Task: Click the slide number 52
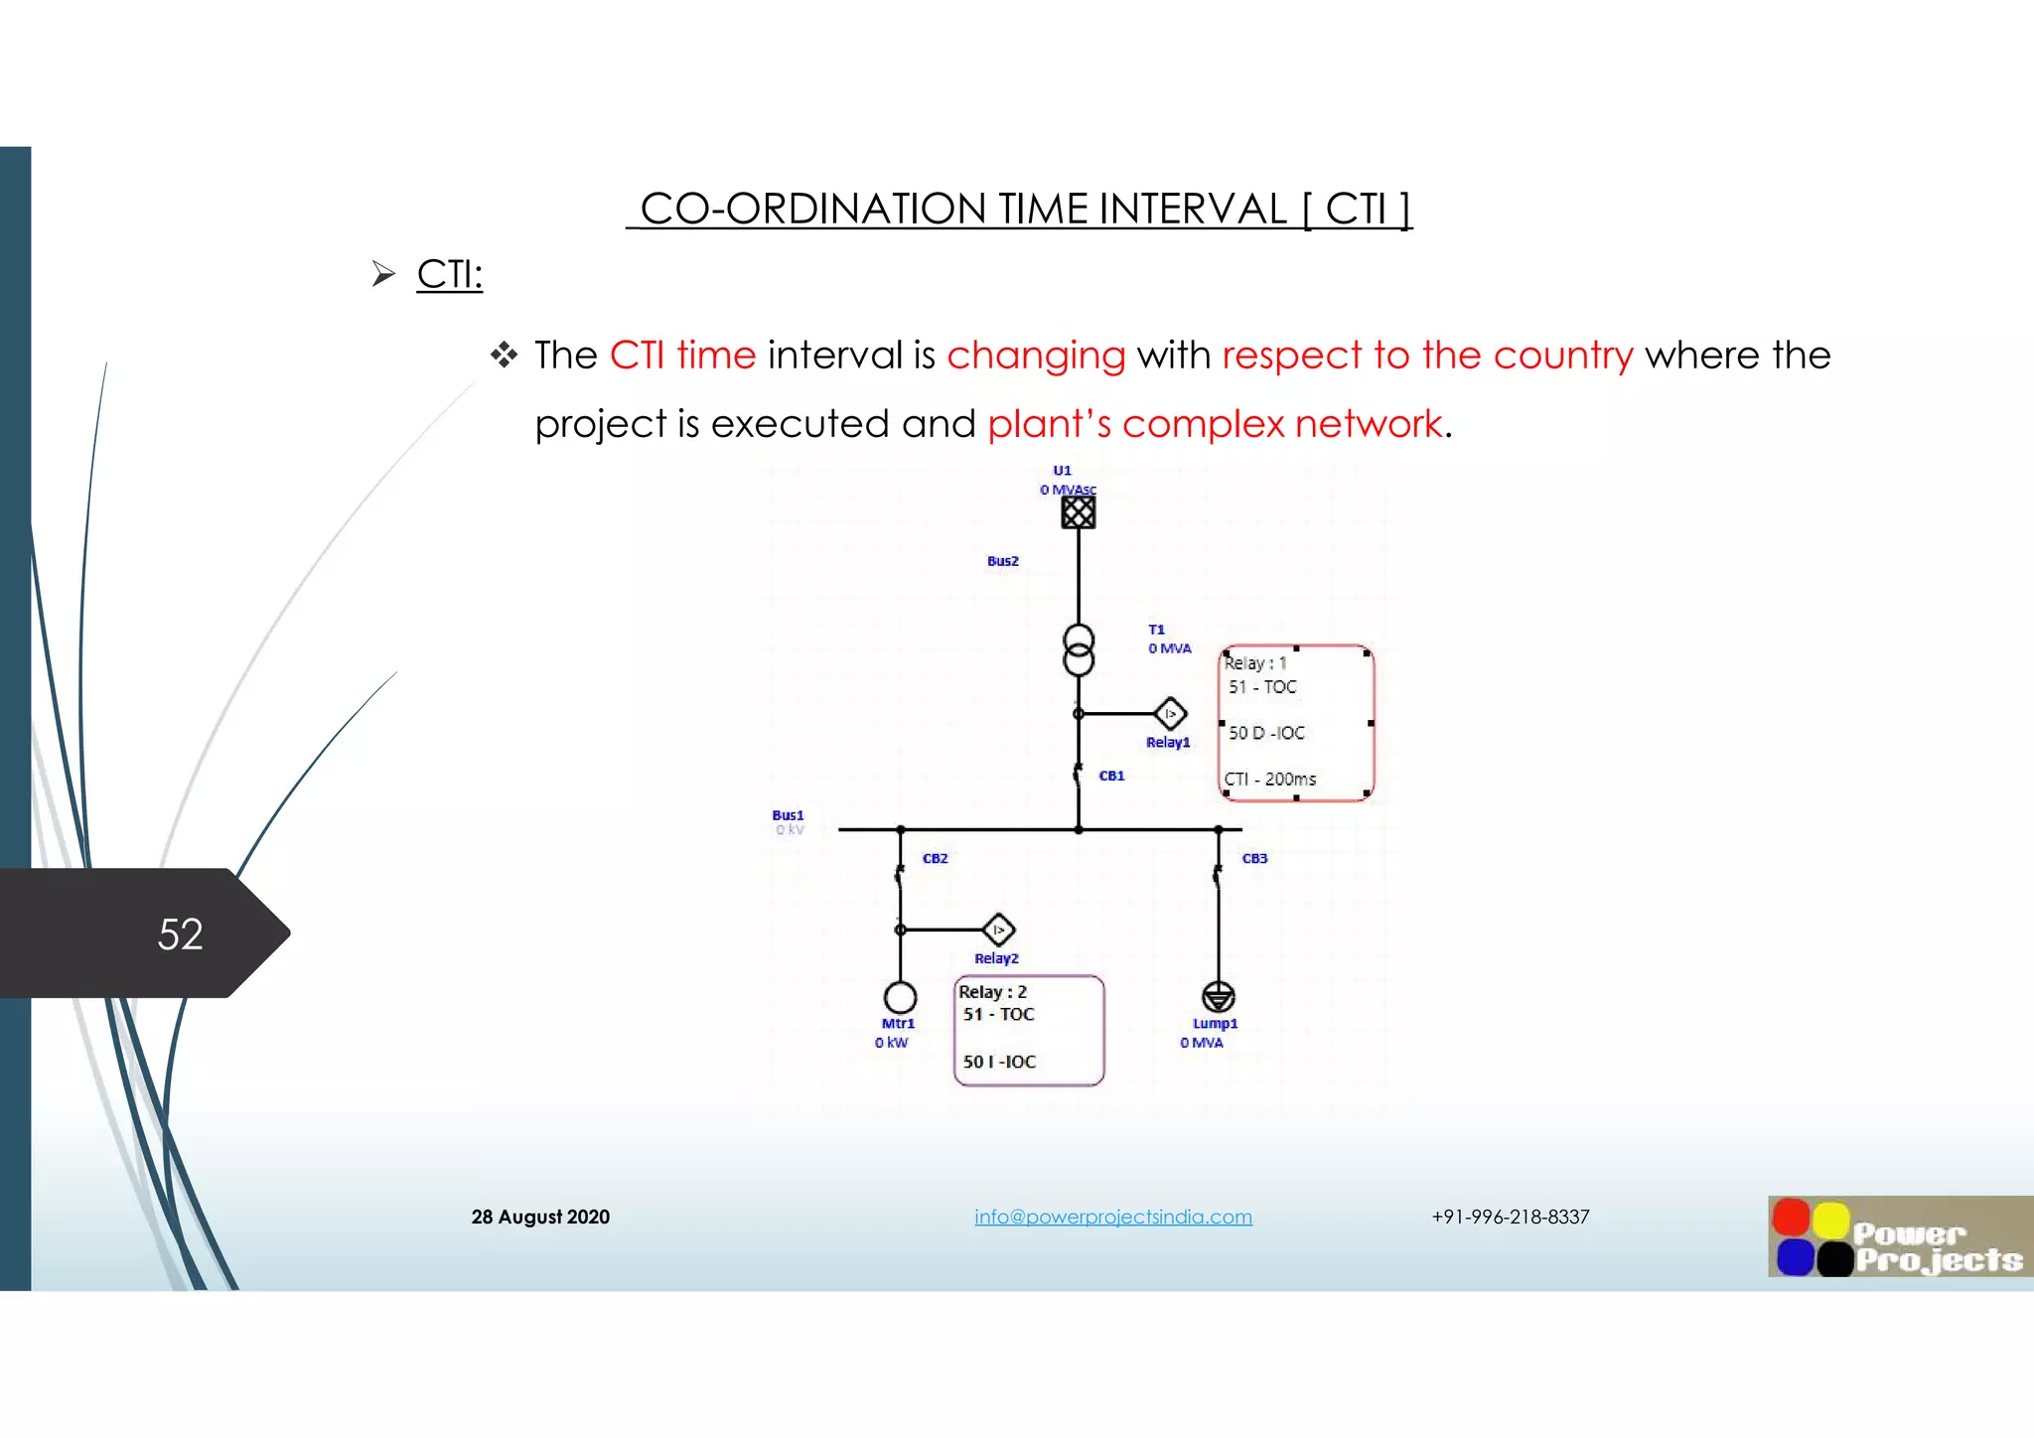(180, 935)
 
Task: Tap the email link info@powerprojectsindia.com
(1112, 1217)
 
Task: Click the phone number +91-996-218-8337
(1510, 1217)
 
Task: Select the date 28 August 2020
(540, 1217)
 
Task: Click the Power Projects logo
(1899, 1236)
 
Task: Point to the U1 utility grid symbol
(1078, 512)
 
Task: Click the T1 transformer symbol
(1079, 649)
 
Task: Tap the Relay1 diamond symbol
(1170, 713)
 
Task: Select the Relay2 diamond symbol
(998, 930)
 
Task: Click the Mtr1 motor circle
(900, 996)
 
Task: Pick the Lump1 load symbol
(1218, 996)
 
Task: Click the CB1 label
(1111, 776)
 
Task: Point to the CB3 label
(1254, 858)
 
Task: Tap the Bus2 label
(1002, 561)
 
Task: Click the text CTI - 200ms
(1269, 780)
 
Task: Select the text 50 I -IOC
(999, 1062)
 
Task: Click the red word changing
(1036, 356)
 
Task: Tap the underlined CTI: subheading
(449, 274)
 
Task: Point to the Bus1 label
(788, 815)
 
